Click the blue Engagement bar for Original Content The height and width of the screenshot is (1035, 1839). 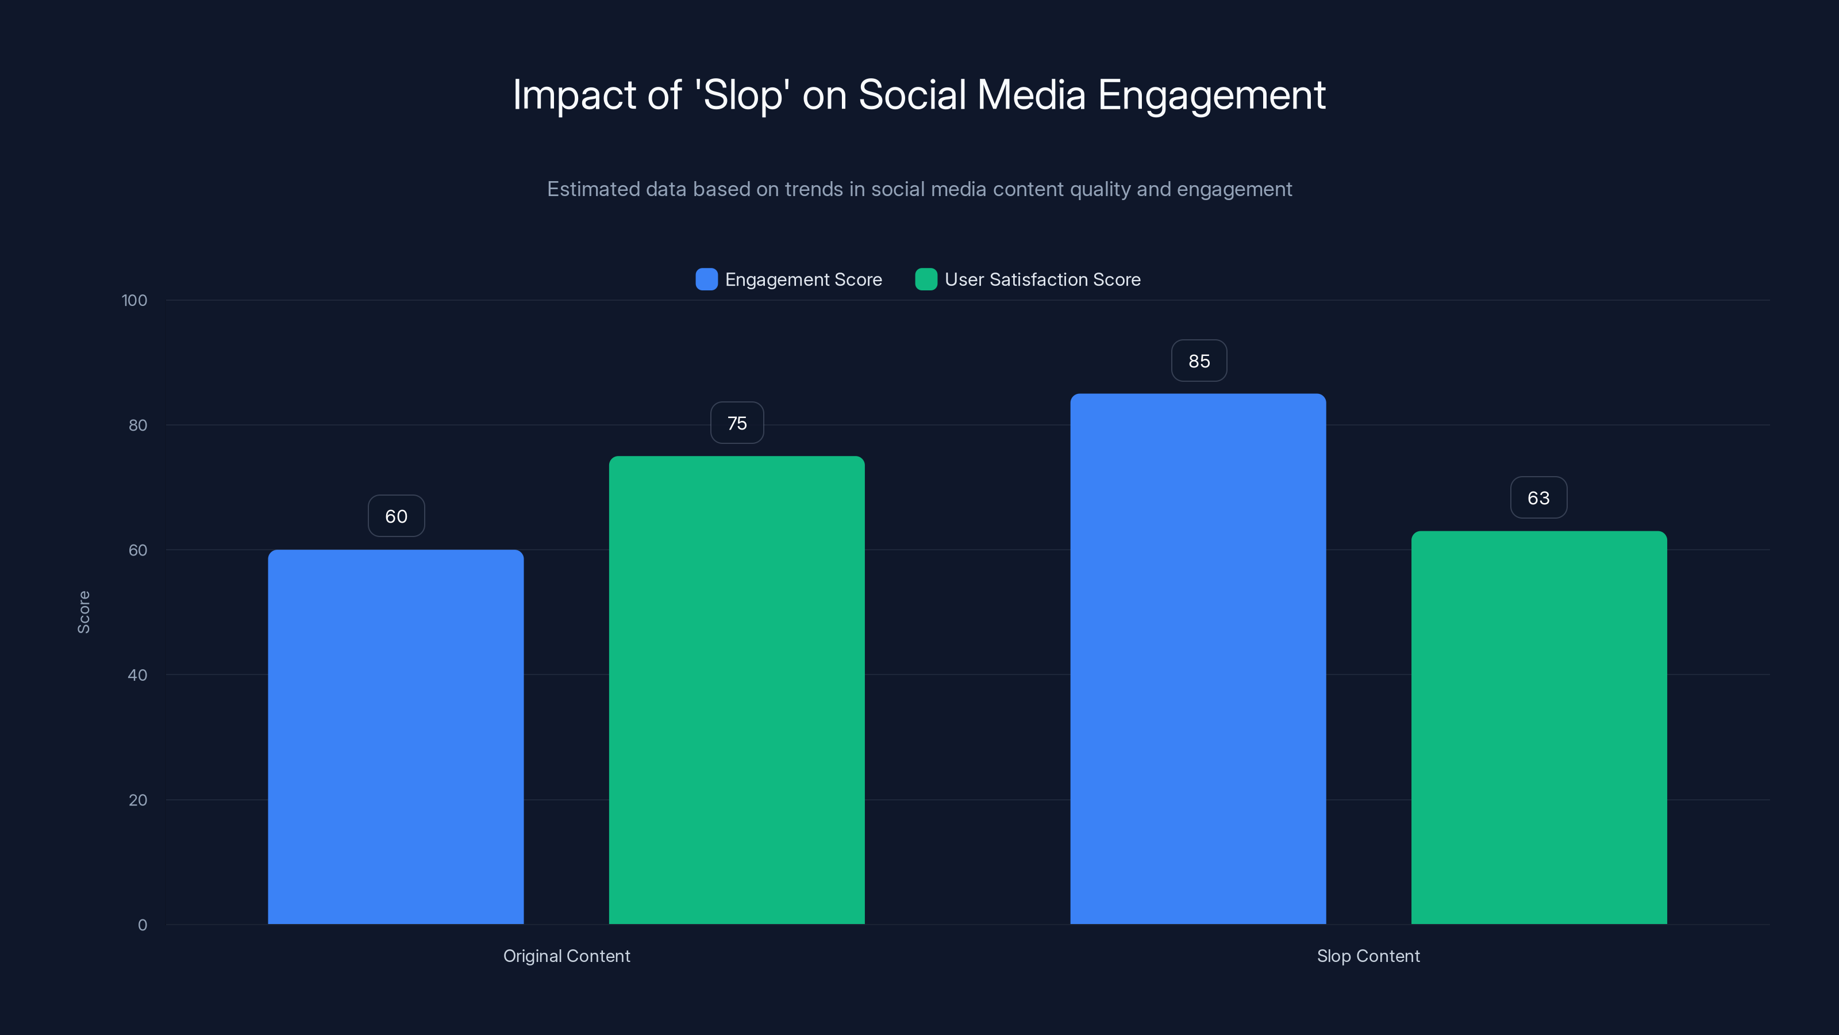click(x=395, y=736)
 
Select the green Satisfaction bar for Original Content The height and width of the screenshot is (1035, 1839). click(x=736, y=689)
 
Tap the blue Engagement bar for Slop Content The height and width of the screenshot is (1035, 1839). click(x=1198, y=658)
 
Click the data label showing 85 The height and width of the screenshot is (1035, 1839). click(x=1199, y=361)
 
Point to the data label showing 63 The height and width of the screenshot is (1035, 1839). click(x=1538, y=497)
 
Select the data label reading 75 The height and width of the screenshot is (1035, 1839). click(x=737, y=423)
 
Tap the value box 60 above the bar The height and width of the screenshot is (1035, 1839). click(x=396, y=516)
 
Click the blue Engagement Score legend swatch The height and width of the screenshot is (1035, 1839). click(x=706, y=279)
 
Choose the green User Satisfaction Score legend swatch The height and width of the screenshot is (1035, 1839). click(x=925, y=279)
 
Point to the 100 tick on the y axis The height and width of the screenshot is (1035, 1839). click(x=134, y=300)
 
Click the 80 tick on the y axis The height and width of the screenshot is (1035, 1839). click(x=138, y=425)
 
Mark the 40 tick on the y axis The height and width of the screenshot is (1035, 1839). click(x=138, y=675)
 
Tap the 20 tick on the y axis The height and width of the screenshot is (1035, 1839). click(x=138, y=800)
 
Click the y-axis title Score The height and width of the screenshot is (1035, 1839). click(x=83, y=612)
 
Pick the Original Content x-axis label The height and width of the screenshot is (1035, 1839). click(x=566, y=956)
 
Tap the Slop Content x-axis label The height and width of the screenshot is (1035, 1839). click(x=1368, y=956)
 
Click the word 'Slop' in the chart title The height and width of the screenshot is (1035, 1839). click(x=742, y=95)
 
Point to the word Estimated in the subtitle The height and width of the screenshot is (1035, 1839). click(x=593, y=189)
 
